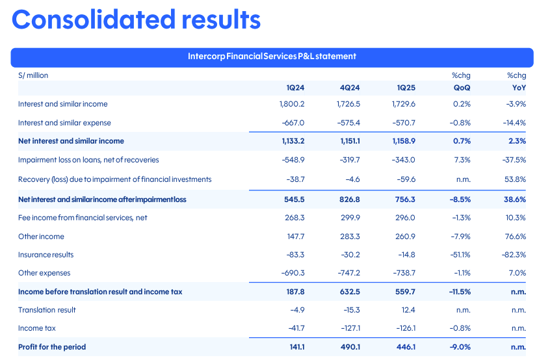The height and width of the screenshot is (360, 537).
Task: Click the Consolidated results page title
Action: coord(136,19)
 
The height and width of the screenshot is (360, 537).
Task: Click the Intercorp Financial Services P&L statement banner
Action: coord(272,57)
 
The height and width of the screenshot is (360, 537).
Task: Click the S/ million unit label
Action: coord(33,75)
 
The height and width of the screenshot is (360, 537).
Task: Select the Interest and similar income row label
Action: coord(63,104)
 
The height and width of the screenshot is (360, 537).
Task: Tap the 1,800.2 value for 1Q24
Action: coord(292,104)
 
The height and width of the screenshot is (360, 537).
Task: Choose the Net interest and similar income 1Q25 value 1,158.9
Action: coord(402,141)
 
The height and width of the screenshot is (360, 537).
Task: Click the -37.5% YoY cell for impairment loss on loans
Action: coord(514,160)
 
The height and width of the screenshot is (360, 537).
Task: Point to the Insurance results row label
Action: coord(46,255)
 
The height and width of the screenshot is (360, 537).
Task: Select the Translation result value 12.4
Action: coord(408,310)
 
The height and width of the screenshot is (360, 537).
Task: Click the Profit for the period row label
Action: coord(52,347)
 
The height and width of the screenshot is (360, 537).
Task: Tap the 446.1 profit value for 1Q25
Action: coord(406,347)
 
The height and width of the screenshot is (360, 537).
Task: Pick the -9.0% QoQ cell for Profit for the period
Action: coord(460,347)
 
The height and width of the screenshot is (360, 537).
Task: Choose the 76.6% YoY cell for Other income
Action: coord(515,237)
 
